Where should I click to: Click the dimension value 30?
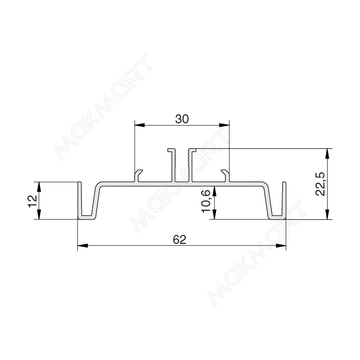click(182, 119)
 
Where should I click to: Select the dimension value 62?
click(180, 240)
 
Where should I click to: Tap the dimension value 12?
click(32, 201)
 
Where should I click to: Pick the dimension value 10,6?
click(206, 202)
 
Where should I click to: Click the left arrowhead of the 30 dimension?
click(140, 125)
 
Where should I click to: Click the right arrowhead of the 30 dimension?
click(224, 125)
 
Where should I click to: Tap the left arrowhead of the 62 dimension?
click(83, 246)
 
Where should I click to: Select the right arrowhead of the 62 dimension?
click(281, 246)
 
